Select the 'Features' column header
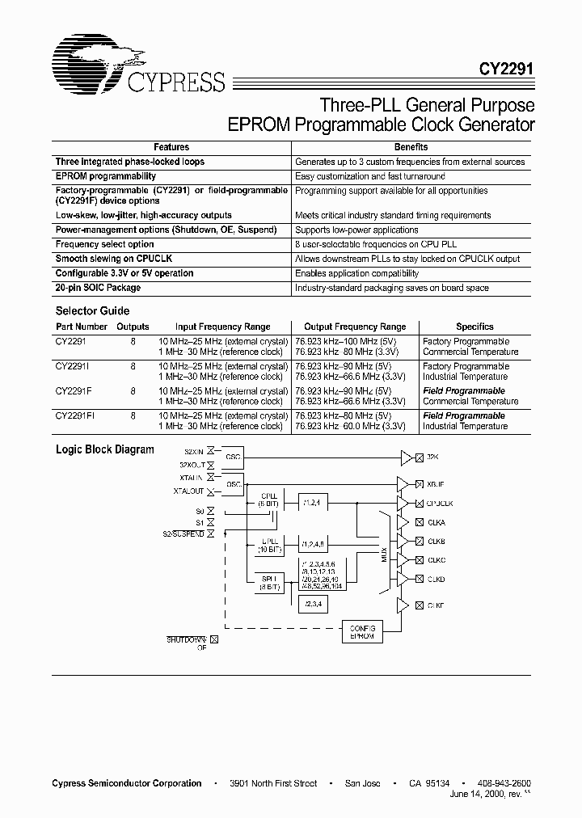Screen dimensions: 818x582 [x=171, y=147]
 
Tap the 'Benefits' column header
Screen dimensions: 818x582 [x=411, y=147]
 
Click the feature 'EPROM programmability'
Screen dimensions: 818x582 [x=106, y=176]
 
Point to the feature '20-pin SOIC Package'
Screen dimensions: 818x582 [x=98, y=288]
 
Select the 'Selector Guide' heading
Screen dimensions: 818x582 [x=92, y=311]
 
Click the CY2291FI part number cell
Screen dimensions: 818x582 [x=76, y=416]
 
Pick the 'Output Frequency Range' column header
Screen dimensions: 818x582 [x=355, y=327]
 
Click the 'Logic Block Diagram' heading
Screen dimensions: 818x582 [x=104, y=449]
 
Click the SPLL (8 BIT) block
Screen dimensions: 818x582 [x=269, y=584]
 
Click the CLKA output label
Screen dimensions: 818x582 [x=436, y=521]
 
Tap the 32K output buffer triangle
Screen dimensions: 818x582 [x=404, y=457]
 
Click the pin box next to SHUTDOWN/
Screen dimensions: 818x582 [x=214, y=639]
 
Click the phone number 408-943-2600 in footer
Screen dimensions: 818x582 [x=504, y=783]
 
